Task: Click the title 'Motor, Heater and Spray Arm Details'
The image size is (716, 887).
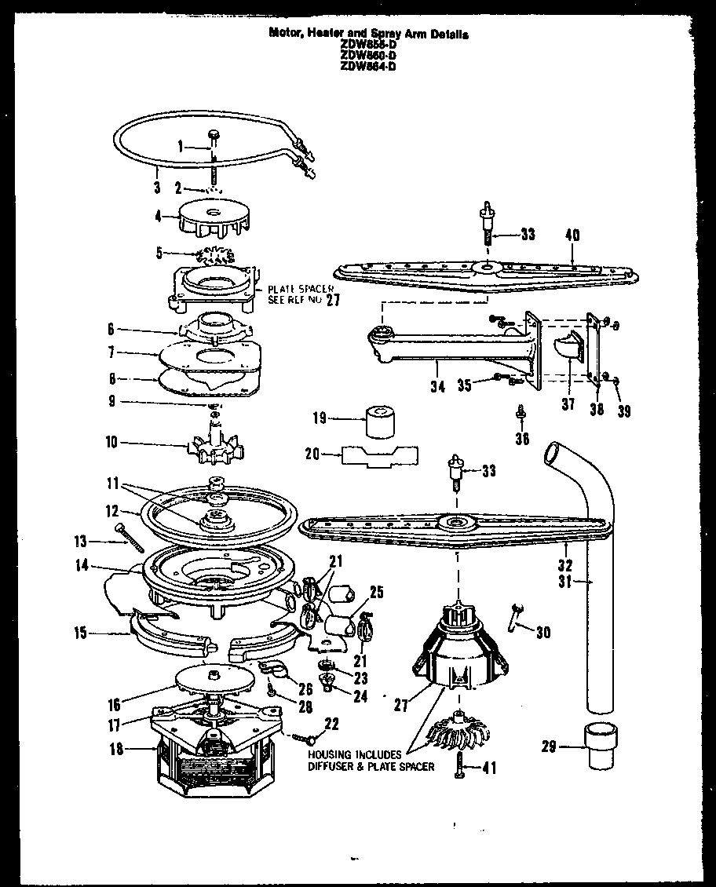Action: pos(368,35)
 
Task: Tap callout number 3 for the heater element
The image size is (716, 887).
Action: pos(157,188)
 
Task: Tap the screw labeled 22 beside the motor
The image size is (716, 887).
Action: pos(306,736)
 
